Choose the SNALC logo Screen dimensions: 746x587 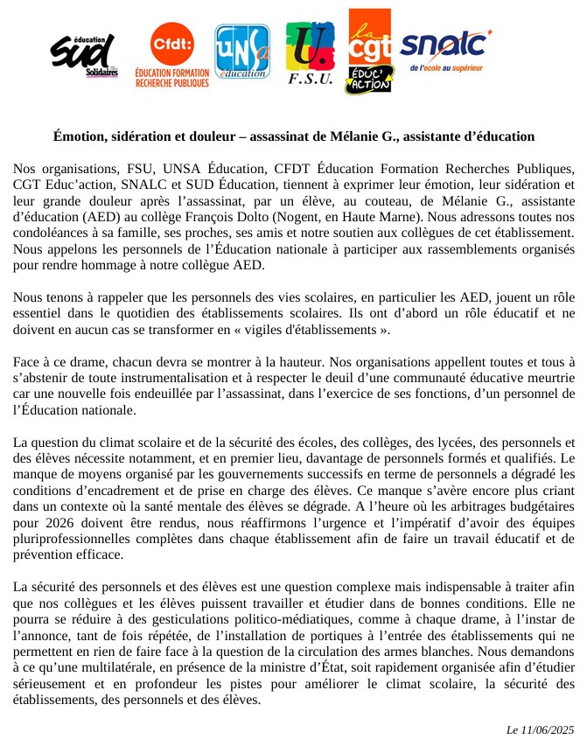445,49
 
